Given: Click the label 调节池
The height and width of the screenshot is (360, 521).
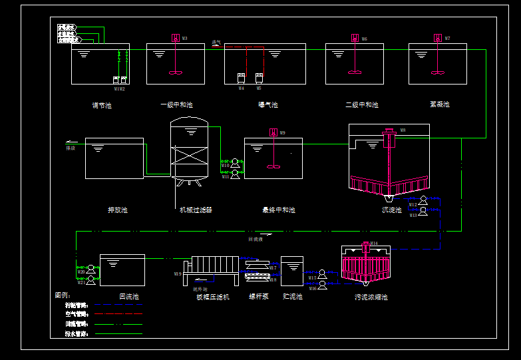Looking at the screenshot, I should tap(102, 105).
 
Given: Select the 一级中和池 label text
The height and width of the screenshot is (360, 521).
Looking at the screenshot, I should tap(176, 105).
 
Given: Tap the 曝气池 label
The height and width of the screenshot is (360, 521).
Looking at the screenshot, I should tap(268, 105).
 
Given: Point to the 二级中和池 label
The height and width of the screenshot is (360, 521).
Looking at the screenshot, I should tap(362, 105).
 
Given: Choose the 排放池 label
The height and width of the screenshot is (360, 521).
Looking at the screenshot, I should tap(118, 210).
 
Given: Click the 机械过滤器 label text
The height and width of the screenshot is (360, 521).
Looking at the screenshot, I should tap(196, 210).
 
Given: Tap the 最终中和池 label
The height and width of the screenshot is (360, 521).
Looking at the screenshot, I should tap(278, 210).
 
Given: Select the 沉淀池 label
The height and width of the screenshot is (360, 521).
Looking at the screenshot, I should tap(391, 210).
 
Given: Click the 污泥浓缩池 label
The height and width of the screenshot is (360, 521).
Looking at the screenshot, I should tap(371, 297).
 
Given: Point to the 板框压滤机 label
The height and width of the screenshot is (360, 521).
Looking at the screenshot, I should tap(213, 297).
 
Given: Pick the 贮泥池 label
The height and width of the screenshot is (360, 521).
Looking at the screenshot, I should tap(292, 297).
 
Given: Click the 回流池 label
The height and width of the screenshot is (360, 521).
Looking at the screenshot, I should tap(129, 297).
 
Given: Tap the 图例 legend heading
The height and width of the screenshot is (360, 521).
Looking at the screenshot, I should tap(63, 295).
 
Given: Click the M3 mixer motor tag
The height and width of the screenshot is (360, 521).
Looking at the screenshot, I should tap(184, 39).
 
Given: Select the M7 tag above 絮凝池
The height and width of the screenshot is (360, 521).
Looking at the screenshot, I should tap(447, 39).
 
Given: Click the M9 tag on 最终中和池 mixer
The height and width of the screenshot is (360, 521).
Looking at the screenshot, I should tap(283, 133).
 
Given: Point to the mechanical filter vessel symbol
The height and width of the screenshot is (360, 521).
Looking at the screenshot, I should tap(190, 150).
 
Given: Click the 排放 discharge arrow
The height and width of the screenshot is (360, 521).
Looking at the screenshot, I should tap(71, 142).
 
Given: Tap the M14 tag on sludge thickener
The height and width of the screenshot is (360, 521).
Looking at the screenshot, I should tap(374, 244).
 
